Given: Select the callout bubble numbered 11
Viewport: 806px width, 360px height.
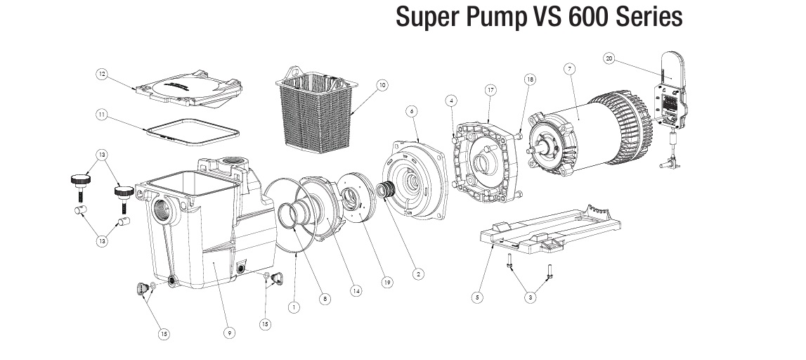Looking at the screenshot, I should [102, 114].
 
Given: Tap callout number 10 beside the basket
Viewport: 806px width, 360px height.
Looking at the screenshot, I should [382, 85].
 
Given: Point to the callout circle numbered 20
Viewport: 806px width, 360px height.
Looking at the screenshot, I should [609, 59].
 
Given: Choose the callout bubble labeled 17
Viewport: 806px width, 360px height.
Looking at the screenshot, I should [490, 90].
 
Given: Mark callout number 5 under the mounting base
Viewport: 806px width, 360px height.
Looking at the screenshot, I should [477, 297].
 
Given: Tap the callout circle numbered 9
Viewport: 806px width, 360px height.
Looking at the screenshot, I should [230, 333].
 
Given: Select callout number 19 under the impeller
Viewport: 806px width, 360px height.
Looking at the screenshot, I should [386, 283].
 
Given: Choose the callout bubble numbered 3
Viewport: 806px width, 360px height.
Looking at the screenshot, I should [530, 297].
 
